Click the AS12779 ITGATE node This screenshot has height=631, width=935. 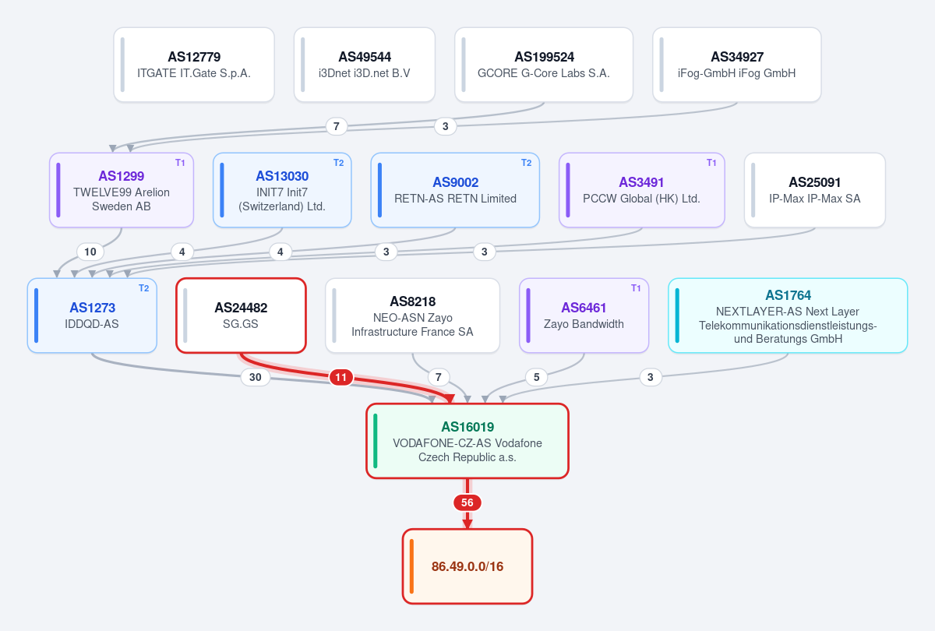coord(194,65)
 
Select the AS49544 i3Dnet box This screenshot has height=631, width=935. coord(365,65)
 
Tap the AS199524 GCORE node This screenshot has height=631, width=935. coord(544,65)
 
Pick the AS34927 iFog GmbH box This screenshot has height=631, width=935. coord(737,65)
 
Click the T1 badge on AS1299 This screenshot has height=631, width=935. coord(180,163)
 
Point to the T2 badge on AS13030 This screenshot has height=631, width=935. coord(338,163)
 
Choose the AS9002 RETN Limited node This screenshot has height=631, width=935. coord(455,190)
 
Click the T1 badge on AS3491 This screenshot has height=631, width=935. coord(711,163)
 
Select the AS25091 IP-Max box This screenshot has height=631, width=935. coord(815,190)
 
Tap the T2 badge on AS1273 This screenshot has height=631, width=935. coord(143,288)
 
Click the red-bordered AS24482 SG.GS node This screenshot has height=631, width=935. coord(242,315)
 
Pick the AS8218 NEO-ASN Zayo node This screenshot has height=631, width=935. coord(412,315)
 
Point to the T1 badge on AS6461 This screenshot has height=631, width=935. coord(636,288)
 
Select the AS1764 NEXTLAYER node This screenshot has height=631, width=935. coord(788,315)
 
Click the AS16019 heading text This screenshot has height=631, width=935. coord(467,427)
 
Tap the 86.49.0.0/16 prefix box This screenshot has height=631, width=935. coord(467,566)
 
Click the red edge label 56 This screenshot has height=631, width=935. coord(467,502)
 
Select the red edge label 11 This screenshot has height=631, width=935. coord(341,377)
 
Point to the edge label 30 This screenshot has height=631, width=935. coord(256,377)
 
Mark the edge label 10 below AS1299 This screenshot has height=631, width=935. coord(90,252)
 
